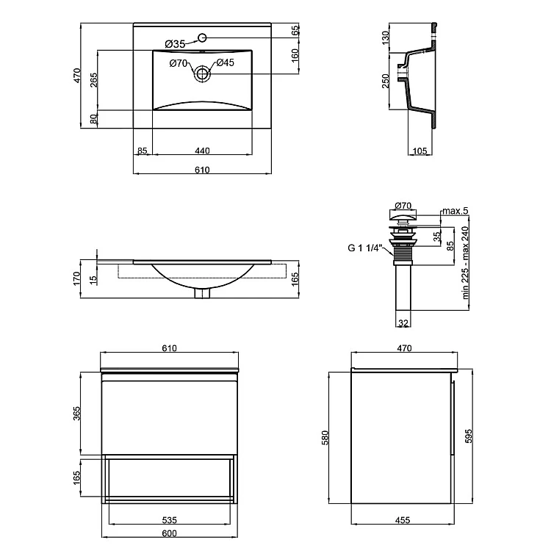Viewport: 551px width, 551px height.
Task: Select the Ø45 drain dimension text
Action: tap(225, 63)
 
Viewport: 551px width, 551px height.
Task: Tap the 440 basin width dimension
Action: tap(202, 151)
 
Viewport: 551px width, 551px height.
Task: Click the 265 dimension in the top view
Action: tap(93, 81)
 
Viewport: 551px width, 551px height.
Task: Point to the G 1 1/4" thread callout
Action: tap(366, 248)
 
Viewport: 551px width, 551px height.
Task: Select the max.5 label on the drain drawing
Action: tap(455, 212)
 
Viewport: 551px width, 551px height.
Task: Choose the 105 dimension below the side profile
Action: tap(420, 151)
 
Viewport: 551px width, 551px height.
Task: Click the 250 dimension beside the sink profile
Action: tap(385, 81)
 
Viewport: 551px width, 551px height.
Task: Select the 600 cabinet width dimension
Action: tap(170, 534)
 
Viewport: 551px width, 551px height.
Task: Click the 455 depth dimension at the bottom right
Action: tap(402, 520)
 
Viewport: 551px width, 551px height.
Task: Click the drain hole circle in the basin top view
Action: tap(202, 73)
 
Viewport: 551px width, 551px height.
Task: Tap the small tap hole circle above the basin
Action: tap(202, 37)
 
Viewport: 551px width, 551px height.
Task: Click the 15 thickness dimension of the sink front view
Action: tap(93, 279)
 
